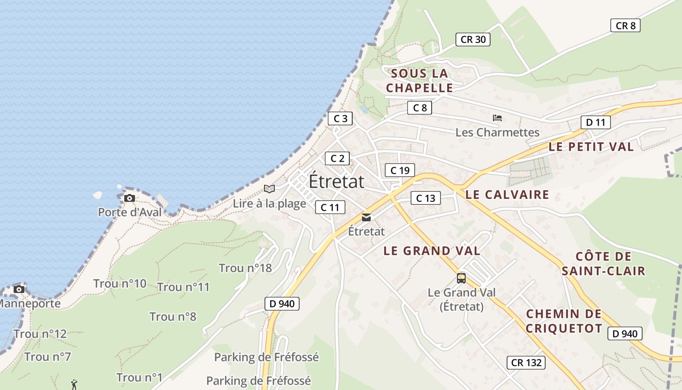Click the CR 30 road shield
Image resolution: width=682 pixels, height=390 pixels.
click(x=473, y=39)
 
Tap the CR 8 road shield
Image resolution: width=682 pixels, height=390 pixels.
click(x=625, y=26)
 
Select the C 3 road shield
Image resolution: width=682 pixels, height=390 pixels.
click(x=340, y=118)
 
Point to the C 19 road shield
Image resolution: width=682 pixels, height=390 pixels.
click(x=399, y=170)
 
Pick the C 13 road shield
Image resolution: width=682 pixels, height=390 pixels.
click(x=425, y=198)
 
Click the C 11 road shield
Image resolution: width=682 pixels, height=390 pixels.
click(x=330, y=207)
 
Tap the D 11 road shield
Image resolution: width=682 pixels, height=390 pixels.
click(x=595, y=122)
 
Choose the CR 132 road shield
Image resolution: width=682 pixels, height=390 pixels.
click(x=526, y=363)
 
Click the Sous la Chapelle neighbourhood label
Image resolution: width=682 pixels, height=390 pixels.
click(x=419, y=81)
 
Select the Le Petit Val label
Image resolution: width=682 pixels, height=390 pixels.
click(x=591, y=147)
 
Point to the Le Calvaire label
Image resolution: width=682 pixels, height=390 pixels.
click(x=507, y=195)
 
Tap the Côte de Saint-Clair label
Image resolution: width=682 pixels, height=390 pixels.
click(x=603, y=264)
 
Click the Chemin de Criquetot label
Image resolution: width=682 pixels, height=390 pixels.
click(x=564, y=321)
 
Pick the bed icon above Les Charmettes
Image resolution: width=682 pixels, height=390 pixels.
click(x=497, y=118)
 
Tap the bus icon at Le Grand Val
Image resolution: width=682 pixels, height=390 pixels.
click(x=461, y=278)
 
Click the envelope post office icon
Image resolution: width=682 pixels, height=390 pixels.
click(x=366, y=217)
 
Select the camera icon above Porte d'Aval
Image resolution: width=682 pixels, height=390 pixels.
click(x=129, y=198)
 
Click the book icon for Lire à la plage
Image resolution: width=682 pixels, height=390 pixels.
click(x=269, y=189)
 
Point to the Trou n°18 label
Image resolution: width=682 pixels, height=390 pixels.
click(x=245, y=268)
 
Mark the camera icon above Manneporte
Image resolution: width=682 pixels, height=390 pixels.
click(x=19, y=289)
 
